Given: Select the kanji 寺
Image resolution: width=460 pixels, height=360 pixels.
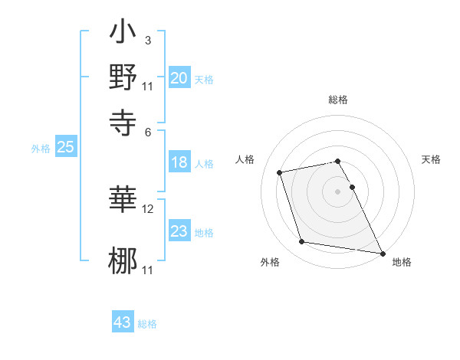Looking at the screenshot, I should (x=123, y=120).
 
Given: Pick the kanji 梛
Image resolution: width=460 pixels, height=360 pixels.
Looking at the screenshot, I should (x=123, y=260).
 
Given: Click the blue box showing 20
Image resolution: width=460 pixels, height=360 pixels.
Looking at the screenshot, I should (x=179, y=78).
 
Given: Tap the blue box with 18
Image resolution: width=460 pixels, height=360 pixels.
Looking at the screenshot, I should (x=179, y=162).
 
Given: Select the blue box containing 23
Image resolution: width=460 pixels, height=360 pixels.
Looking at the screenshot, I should (x=179, y=231).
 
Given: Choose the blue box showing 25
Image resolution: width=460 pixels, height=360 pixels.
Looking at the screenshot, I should (x=66, y=148).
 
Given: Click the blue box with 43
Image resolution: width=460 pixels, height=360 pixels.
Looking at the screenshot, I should (x=123, y=322).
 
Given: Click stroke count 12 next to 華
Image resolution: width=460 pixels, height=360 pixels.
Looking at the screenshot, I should (x=148, y=208).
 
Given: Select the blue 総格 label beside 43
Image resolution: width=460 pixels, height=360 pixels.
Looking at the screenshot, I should (x=147, y=324).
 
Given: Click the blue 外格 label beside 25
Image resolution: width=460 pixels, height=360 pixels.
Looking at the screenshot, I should (x=40, y=149).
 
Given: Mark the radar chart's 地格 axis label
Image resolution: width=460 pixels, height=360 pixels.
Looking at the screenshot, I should (x=402, y=262).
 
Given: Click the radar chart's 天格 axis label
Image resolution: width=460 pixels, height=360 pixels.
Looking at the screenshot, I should (x=431, y=159).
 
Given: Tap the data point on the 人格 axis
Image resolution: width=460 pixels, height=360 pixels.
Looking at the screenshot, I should (x=281, y=172).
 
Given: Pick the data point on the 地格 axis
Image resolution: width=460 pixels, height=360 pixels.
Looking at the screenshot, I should (x=381, y=252).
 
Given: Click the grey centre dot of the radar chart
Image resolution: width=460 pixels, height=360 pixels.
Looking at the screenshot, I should (x=338, y=191).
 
